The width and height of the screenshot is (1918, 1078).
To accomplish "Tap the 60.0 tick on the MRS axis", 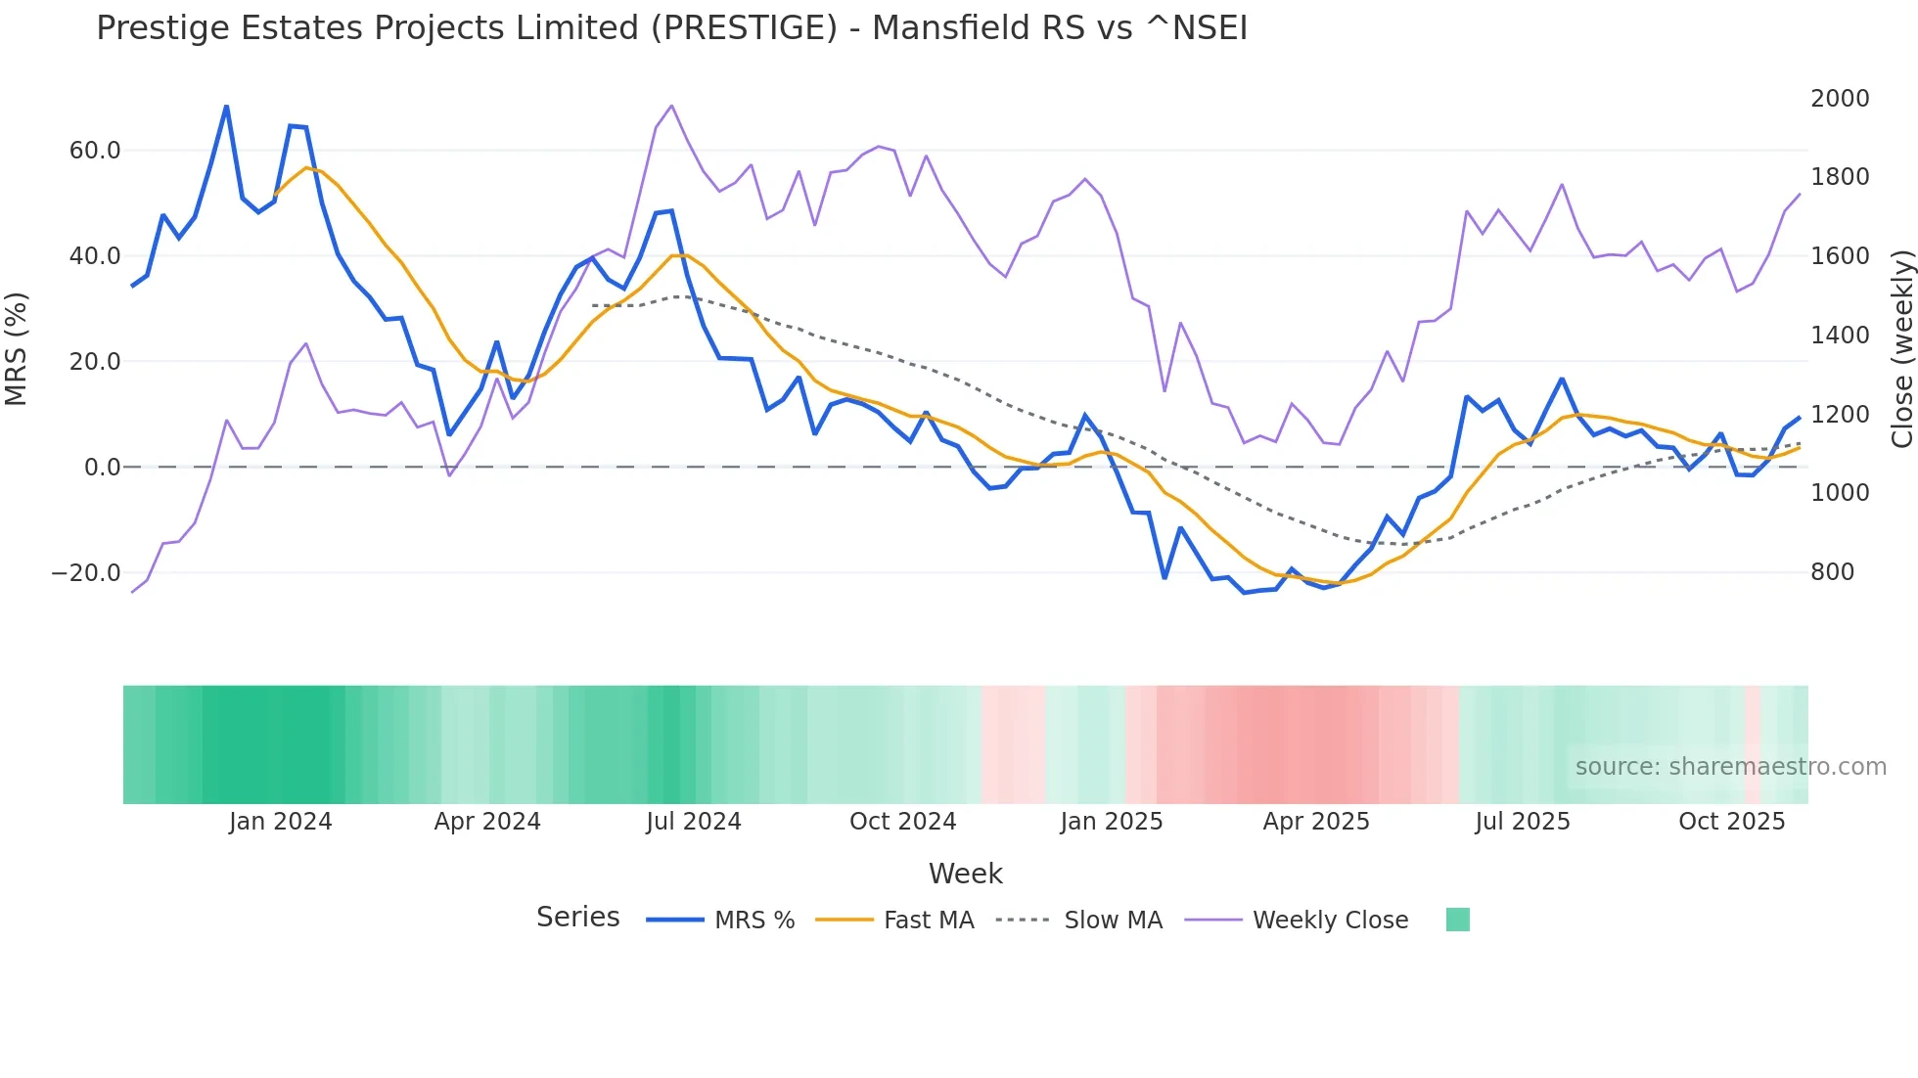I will (x=94, y=151).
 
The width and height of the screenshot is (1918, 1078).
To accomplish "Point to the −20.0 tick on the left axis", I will (x=86, y=573).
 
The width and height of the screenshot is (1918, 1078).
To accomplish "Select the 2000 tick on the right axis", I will (x=1839, y=99).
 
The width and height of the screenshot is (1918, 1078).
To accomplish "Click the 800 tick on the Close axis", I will (x=1832, y=572).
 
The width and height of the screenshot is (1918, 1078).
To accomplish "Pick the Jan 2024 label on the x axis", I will (x=281, y=822).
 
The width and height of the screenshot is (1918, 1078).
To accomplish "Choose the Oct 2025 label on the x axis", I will (x=1731, y=822).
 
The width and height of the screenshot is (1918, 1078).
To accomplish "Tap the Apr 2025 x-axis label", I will (x=1315, y=822).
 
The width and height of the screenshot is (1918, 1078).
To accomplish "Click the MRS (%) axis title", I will (x=17, y=348).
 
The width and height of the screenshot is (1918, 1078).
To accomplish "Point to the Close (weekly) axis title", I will (x=1901, y=348).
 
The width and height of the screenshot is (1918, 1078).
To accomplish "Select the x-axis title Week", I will (x=965, y=874).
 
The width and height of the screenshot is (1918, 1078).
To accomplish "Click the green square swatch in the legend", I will (x=1457, y=920).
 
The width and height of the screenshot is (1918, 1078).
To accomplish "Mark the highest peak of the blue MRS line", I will (x=226, y=107).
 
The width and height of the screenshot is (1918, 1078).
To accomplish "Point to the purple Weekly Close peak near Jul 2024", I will (x=671, y=106).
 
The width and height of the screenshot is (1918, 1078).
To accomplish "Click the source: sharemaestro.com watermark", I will (x=1730, y=767).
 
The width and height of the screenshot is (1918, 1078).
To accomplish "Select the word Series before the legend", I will (x=577, y=918).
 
